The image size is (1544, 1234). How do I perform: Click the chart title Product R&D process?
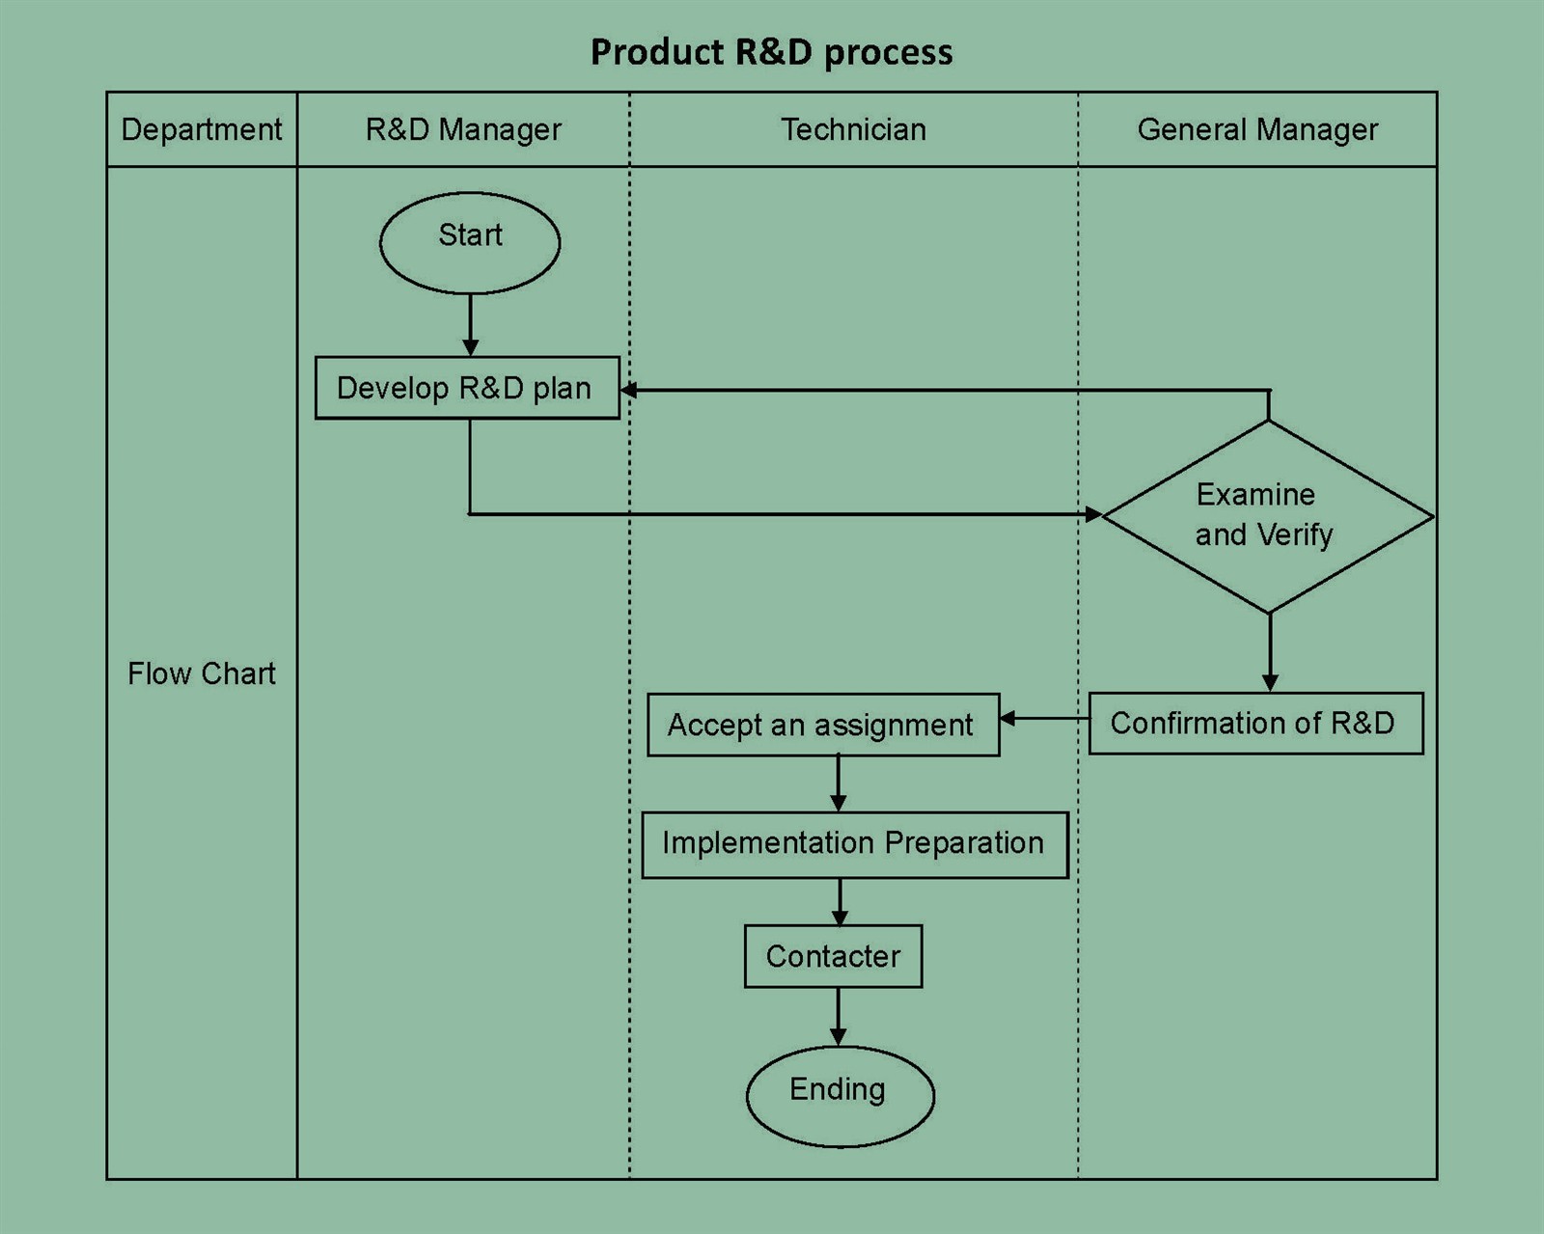[771, 52]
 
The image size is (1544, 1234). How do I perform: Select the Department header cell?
[202, 129]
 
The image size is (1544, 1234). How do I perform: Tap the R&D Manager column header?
[463, 129]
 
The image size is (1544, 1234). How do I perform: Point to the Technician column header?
[853, 129]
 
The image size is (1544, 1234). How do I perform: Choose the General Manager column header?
[1256, 129]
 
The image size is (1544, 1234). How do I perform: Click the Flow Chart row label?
[202, 672]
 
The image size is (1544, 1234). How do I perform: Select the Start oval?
[470, 242]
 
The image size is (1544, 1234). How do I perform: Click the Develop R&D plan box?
[467, 388]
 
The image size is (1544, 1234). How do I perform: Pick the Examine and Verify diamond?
[1268, 516]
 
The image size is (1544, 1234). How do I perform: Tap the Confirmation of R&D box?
[1255, 723]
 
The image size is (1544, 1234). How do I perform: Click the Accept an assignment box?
[823, 725]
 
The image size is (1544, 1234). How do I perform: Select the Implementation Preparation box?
[854, 844]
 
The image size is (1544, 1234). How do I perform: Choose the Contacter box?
[833, 956]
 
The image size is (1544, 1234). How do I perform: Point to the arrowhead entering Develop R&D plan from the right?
[628, 390]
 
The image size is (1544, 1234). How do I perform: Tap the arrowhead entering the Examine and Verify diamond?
[1092, 514]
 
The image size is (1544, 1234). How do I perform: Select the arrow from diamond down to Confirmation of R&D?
[1270, 652]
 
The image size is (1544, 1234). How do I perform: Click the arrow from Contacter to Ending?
[838, 1017]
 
